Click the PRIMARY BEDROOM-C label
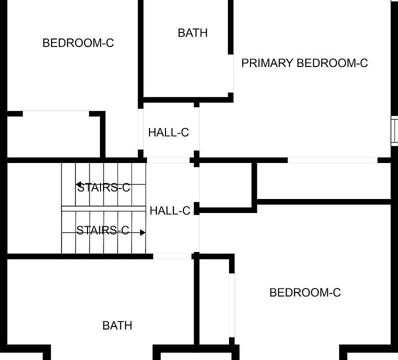(304, 63)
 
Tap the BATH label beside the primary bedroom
(192, 33)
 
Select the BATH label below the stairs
(117, 325)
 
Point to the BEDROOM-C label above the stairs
(78, 43)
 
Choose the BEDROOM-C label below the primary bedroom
(305, 292)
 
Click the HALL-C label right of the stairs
(170, 211)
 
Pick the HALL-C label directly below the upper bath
(168, 132)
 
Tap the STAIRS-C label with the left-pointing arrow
(103, 187)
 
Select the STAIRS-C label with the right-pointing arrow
(102, 230)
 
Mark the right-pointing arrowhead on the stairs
(143, 232)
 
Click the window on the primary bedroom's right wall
(394, 131)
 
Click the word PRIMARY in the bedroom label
(267, 63)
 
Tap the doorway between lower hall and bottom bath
(172, 256)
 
